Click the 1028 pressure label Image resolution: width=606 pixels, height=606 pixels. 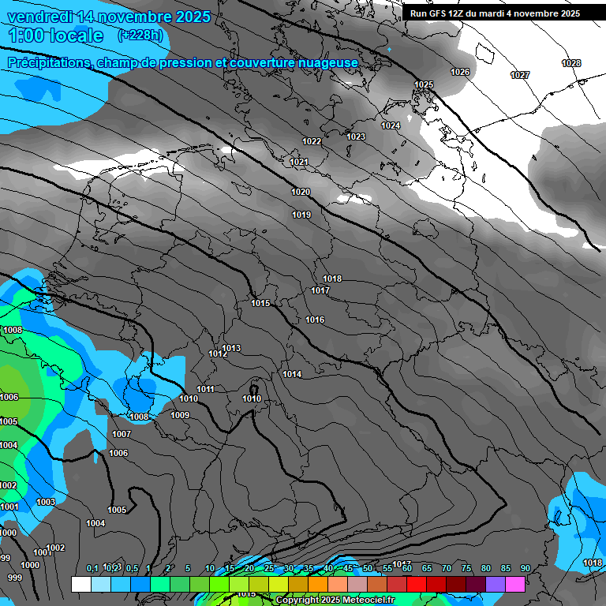(571, 63)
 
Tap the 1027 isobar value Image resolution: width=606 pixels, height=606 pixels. (520, 75)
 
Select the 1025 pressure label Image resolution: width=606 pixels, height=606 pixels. (424, 84)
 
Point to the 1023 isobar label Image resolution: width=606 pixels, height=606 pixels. (356, 137)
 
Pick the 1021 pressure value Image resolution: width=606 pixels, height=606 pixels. (299, 162)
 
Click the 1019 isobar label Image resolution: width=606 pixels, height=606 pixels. (301, 215)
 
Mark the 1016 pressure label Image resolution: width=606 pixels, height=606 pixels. (315, 320)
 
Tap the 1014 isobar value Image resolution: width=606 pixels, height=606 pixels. (292, 374)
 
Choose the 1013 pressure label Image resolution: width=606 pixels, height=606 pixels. (231, 348)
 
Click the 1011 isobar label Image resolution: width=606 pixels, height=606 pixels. (206, 389)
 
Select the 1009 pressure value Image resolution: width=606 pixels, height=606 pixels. (180, 415)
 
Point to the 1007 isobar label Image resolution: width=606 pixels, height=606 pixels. (122, 434)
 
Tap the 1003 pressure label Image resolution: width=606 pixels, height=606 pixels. (46, 502)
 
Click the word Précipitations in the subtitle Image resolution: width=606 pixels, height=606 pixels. (48, 62)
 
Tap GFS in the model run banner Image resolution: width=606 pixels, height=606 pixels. (439, 13)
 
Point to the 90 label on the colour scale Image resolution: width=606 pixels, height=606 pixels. (525, 568)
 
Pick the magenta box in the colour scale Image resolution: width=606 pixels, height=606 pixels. (515, 584)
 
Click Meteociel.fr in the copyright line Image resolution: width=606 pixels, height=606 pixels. (364, 600)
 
